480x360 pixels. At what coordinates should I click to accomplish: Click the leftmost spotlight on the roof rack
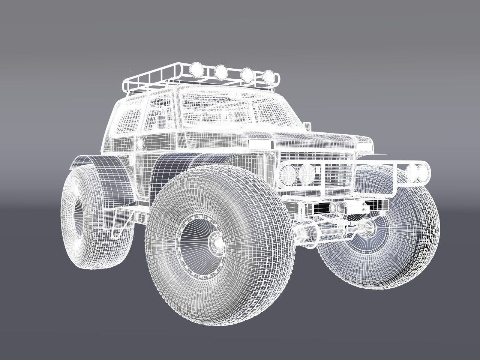click(x=196, y=69)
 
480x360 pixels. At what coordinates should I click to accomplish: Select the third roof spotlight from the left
click(x=246, y=74)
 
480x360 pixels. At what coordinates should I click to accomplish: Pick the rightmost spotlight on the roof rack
click(x=268, y=76)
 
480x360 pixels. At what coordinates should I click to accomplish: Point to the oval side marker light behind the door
click(x=141, y=142)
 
